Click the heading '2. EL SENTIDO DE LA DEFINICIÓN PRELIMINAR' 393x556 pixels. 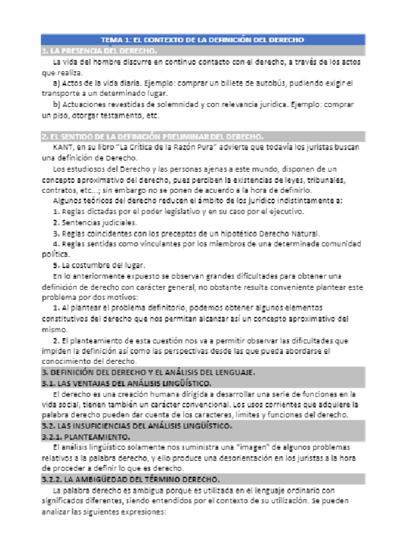click(x=152, y=136)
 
